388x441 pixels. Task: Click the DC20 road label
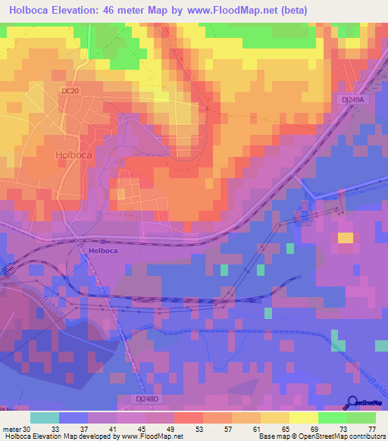click(70, 91)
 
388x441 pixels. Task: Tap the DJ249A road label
click(352, 99)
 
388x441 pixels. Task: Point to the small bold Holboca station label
click(105, 249)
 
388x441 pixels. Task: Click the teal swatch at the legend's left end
click(44, 418)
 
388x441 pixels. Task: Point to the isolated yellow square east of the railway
click(345, 238)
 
